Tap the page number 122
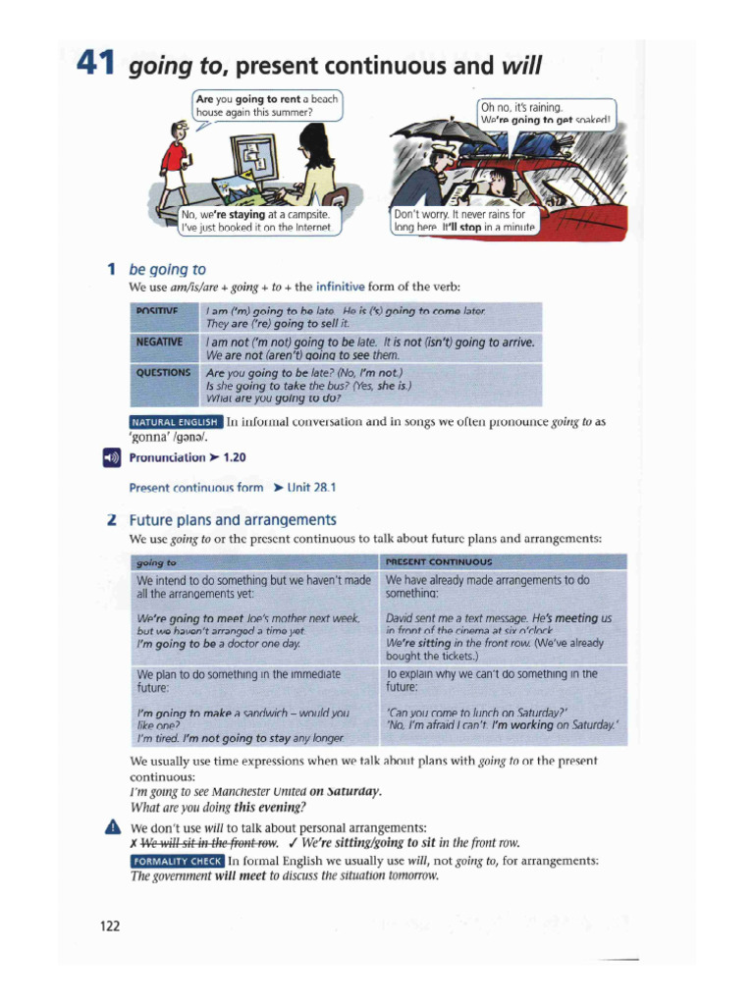point(109,925)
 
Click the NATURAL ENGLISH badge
point(176,423)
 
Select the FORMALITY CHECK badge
point(177,861)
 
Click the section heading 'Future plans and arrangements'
point(233,520)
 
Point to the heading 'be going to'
point(167,269)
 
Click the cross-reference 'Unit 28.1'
point(312,488)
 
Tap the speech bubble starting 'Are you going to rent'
point(267,105)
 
